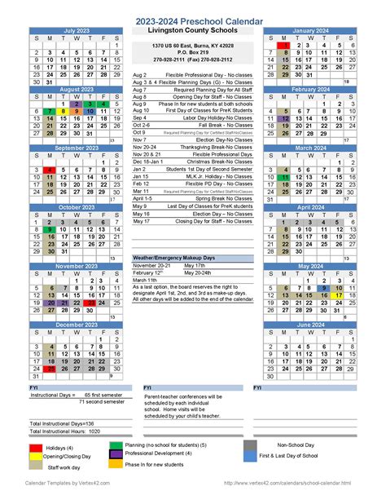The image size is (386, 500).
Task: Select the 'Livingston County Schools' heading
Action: (x=192, y=31)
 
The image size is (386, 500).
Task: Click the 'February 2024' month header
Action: (x=310, y=89)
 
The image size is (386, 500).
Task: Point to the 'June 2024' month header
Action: (x=310, y=325)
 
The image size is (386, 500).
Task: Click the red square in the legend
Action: (x=36, y=447)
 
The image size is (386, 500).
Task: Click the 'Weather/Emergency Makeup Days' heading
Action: (x=176, y=257)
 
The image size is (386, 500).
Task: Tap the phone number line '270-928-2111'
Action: (x=192, y=60)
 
